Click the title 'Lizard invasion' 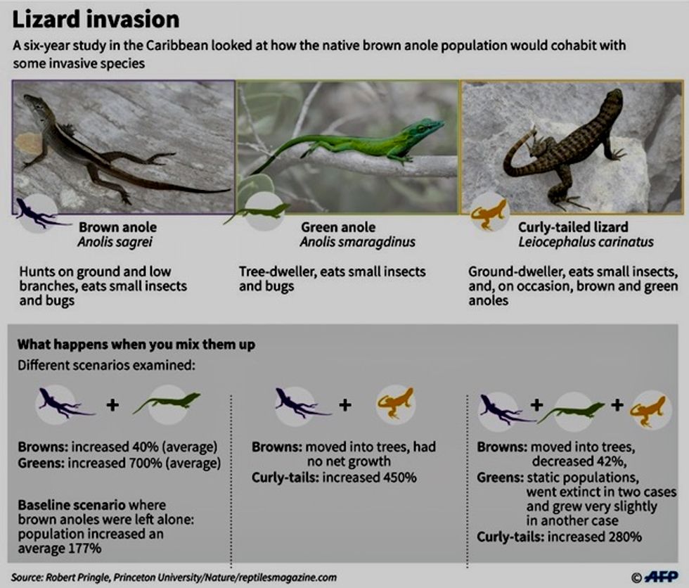(x=96, y=20)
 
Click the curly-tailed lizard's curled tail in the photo (x=519, y=152)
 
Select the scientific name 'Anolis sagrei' (x=115, y=242)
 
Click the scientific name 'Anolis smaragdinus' (x=358, y=242)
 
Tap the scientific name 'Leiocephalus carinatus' (x=586, y=242)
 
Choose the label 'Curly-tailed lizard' (x=573, y=227)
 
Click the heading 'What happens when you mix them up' (x=136, y=344)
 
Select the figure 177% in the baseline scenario (x=85, y=549)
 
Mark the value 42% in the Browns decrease (x=608, y=461)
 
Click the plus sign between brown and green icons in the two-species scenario (x=113, y=404)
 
